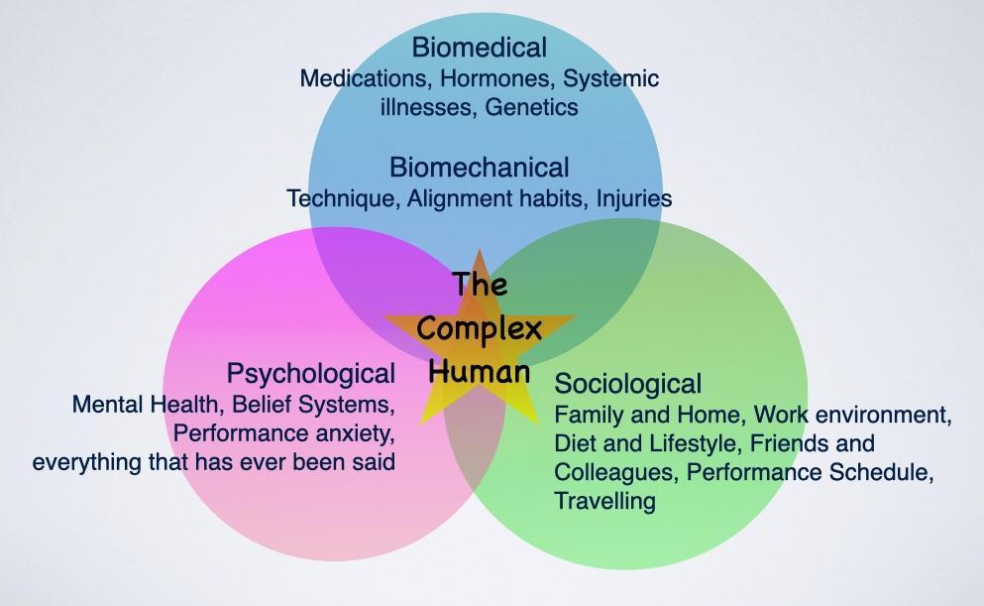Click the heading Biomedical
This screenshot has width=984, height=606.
[x=479, y=47]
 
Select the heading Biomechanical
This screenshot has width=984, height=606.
[x=479, y=167]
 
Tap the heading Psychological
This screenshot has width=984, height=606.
[x=311, y=374]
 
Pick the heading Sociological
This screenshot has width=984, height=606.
[x=628, y=383]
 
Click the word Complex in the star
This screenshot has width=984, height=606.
[x=480, y=328]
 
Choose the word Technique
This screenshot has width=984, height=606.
[x=340, y=198]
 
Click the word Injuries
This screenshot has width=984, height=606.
[x=634, y=198]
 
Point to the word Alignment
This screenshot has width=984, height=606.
[x=462, y=198]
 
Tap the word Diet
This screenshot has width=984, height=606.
[x=574, y=442]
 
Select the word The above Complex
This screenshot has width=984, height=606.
[x=480, y=286]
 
